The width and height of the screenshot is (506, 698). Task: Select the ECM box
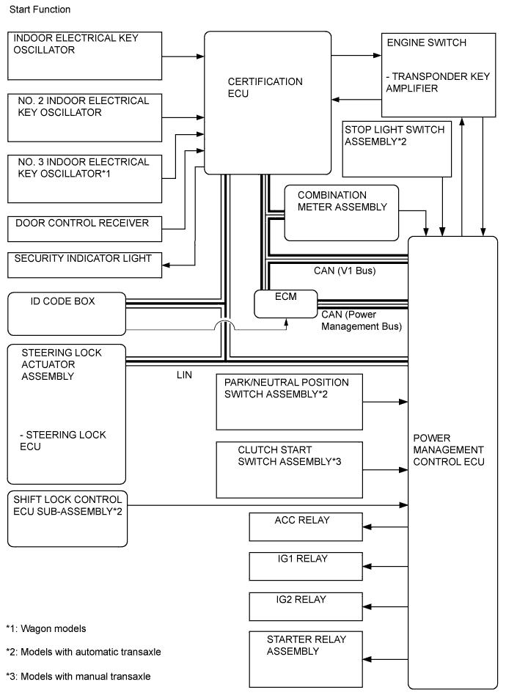pyautogui.click(x=286, y=304)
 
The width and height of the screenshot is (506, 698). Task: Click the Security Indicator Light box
pyautogui.click(x=84, y=265)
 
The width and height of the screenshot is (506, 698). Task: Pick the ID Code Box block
pyautogui.click(x=66, y=313)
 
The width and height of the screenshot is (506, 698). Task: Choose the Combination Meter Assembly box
pyautogui.click(x=341, y=213)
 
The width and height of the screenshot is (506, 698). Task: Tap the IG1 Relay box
pyautogui.click(x=306, y=566)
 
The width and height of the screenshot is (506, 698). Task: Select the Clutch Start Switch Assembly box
pyautogui.click(x=290, y=469)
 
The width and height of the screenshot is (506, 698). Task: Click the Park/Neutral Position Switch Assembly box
pyautogui.click(x=290, y=402)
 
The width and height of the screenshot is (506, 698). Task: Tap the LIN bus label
pyautogui.click(x=185, y=374)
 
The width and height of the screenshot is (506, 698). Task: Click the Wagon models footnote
pyautogui.click(x=46, y=628)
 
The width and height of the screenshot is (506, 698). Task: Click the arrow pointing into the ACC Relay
pyautogui.click(x=385, y=526)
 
